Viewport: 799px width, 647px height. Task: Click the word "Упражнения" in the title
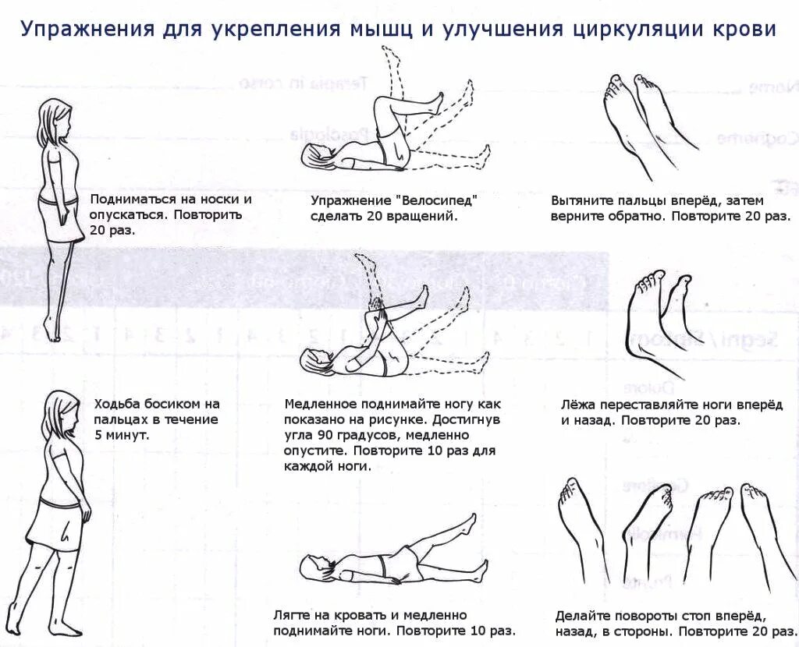tap(86, 30)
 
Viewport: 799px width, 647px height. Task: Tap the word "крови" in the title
tap(744, 30)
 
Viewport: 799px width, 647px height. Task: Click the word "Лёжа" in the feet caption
tap(578, 405)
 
